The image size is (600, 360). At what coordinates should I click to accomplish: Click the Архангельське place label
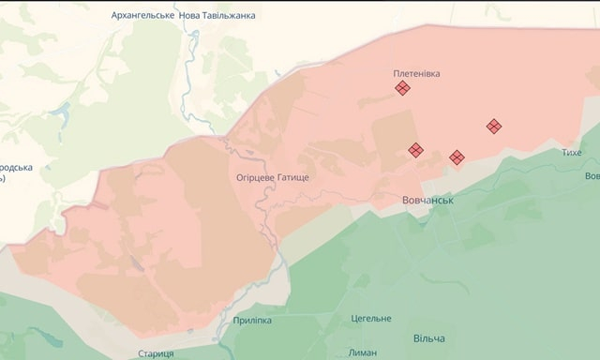(x=142, y=16)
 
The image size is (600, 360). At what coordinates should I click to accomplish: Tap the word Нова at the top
(x=195, y=16)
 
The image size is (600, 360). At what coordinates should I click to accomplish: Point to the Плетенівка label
(x=417, y=72)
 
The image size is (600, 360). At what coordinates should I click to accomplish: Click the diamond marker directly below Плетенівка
(x=402, y=88)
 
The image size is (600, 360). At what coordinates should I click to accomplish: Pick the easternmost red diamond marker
(x=493, y=126)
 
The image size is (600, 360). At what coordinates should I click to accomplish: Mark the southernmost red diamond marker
(x=457, y=157)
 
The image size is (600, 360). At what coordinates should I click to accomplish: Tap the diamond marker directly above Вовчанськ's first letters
(x=415, y=149)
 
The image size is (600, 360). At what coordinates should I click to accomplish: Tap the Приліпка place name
(x=251, y=321)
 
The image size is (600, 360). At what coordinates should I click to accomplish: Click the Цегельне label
(x=371, y=319)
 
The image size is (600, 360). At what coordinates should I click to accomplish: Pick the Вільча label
(x=428, y=337)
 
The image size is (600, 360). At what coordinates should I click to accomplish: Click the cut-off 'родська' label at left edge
(x=16, y=168)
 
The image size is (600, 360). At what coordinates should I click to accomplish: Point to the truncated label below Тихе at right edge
(x=592, y=176)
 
